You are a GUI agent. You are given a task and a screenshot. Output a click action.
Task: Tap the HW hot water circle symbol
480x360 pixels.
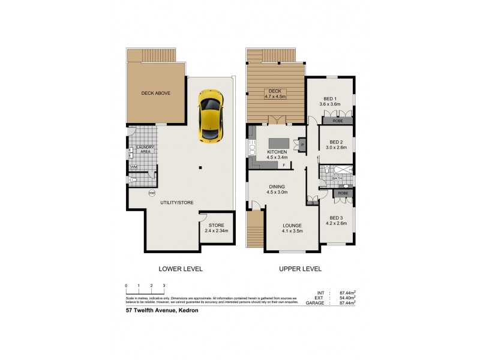(152, 193)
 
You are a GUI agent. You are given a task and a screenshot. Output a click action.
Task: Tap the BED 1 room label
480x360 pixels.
(330, 101)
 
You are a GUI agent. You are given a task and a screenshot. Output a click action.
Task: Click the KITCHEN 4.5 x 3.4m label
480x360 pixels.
(277, 155)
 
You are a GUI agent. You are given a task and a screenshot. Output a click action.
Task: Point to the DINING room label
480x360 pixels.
(277, 190)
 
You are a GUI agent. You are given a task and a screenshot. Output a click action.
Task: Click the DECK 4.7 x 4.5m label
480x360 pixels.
(275, 94)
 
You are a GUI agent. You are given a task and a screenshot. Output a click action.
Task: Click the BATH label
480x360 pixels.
(337, 178)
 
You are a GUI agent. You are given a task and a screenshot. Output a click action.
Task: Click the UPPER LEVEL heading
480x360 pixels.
(300, 269)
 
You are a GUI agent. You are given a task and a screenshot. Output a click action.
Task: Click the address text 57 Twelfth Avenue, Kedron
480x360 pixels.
(161, 310)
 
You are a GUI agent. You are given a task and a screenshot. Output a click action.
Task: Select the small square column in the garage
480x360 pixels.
(201, 168)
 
